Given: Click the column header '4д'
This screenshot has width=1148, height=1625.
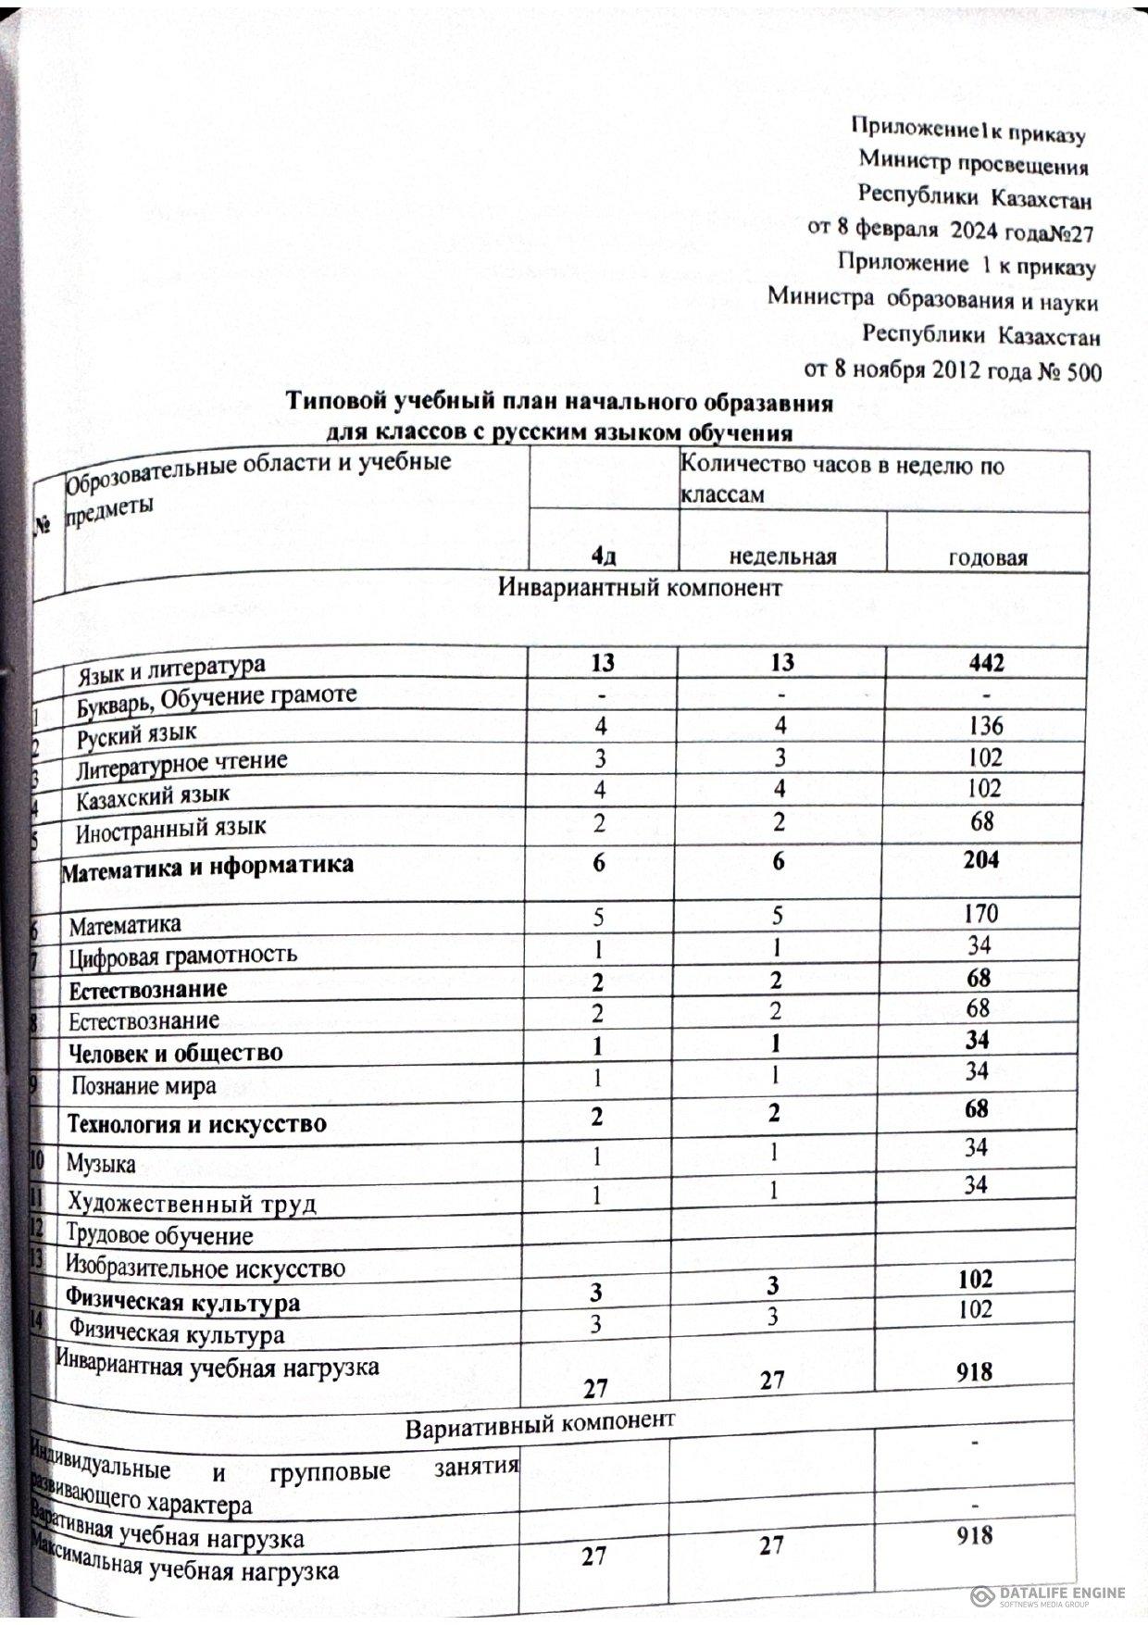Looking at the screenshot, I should click(x=604, y=556).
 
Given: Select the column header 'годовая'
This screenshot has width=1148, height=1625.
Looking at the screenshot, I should click(x=988, y=557).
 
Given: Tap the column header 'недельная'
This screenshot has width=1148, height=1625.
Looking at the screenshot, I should click(x=782, y=556).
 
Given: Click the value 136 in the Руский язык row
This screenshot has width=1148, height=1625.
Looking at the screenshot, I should click(x=982, y=725).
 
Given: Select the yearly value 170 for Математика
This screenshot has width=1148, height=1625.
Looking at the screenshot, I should click(x=980, y=914).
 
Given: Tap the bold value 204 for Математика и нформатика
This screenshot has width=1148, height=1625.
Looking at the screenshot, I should click(x=980, y=860).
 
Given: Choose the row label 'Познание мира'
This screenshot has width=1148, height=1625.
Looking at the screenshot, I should click(x=143, y=1086).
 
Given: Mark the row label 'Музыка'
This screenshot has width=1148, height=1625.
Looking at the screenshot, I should click(x=100, y=1164).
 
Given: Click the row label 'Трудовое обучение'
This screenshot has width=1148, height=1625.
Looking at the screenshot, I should click(x=158, y=1236).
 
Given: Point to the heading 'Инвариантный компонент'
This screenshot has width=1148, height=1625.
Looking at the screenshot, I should click(x=640, y=588).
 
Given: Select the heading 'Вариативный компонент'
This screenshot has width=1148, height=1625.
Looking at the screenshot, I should click(x=540, y=1427).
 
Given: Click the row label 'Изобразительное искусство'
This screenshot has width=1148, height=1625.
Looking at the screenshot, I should click(x=205, y=1268).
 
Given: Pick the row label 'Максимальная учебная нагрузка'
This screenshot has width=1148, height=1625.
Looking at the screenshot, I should click(x=185, y=1562).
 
